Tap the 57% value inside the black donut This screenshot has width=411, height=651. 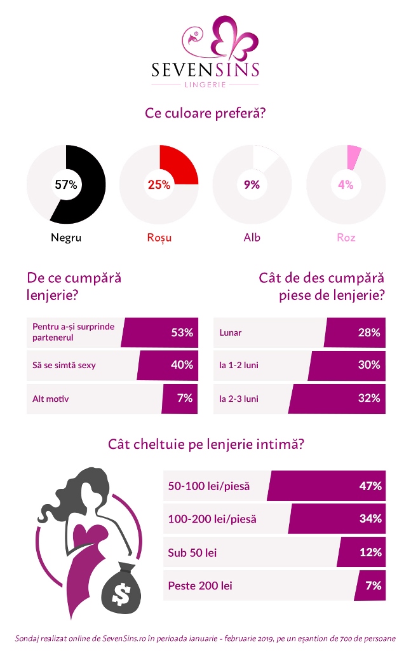click(65, 185)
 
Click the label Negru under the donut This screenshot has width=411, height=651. click(66, 238)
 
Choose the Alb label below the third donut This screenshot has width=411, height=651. click(252, 238)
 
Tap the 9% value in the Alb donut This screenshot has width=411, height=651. click(252, 185)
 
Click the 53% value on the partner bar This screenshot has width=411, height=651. click(182, 332)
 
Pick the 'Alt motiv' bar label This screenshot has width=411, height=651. click(51, 399)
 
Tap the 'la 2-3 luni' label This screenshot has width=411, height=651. click(238, 399)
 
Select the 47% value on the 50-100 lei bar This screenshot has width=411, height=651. click(370, 486)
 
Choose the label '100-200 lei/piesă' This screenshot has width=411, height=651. click(212, 519)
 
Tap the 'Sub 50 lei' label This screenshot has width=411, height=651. click(192, 552)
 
